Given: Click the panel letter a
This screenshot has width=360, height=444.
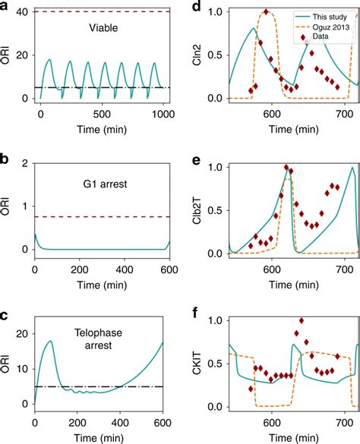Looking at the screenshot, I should click(6, 8).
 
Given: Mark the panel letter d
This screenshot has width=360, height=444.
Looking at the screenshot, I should click(196, 8).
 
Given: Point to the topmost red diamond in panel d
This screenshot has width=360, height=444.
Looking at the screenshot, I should click(265, 12).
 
